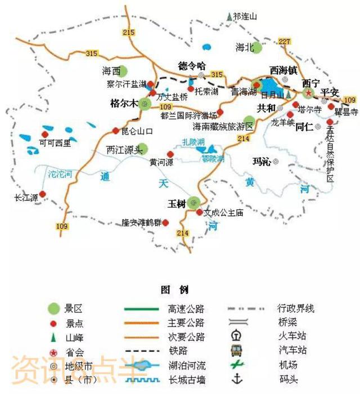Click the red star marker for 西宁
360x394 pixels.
(308, 92)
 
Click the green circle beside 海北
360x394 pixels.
(256, 47)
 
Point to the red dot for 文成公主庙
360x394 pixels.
(199, 212)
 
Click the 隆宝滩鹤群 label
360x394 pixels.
(142, 223)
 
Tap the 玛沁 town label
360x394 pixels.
(262, 162)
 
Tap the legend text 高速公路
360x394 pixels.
(186, 308)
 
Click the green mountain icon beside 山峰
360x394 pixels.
(53, 338)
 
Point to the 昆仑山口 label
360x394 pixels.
(138, 131)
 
